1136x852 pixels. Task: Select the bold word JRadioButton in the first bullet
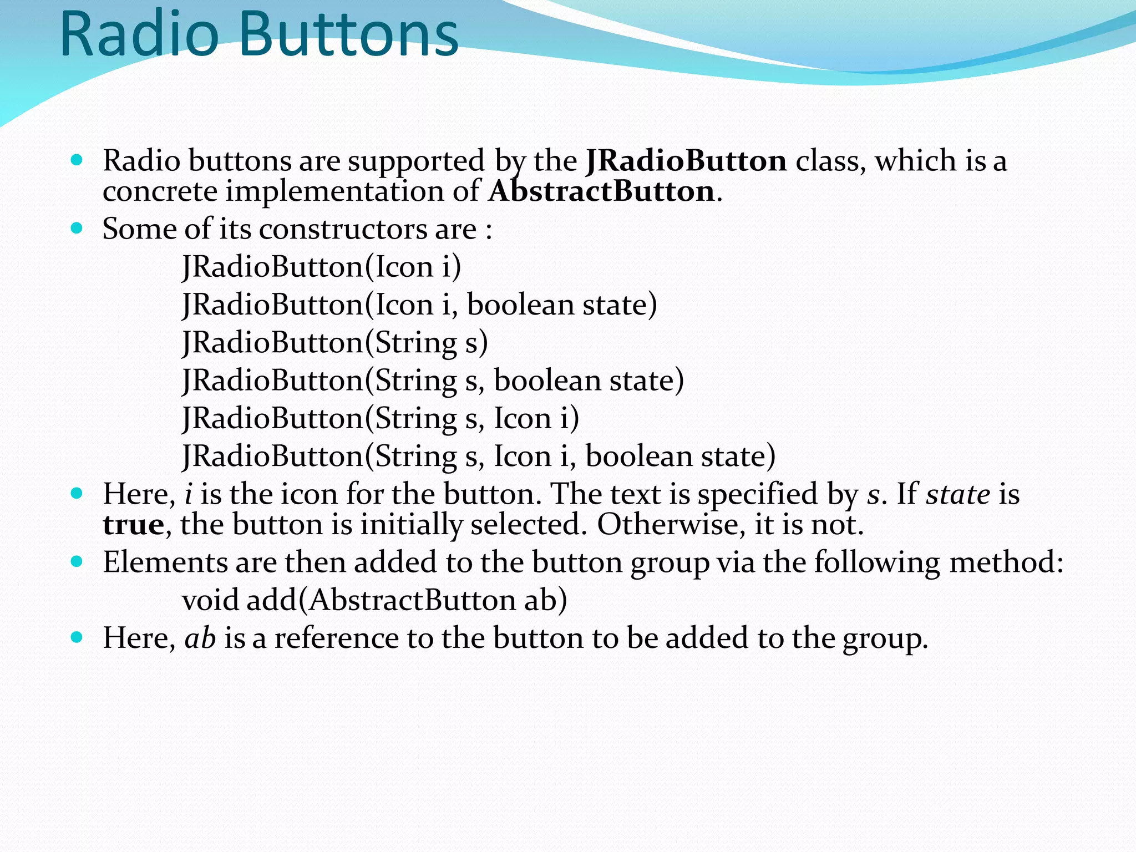(686, 161)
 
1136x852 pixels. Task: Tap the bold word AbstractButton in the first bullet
(602, 191)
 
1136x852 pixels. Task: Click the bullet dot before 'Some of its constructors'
(77, 228)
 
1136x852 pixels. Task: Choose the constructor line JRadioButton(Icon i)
(322, 267)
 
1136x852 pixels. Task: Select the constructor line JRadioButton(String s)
(335, 342)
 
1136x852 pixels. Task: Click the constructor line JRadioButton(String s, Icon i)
(381, 418)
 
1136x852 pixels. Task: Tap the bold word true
(133, 525)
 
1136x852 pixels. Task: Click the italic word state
(958, 494)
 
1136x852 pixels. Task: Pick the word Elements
(165, 562)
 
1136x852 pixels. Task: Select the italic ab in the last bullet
(200, 638)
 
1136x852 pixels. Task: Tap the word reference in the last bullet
(336, 638)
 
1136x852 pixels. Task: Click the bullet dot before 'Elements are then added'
(77, 562)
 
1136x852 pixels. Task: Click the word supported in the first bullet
(416, 161)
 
